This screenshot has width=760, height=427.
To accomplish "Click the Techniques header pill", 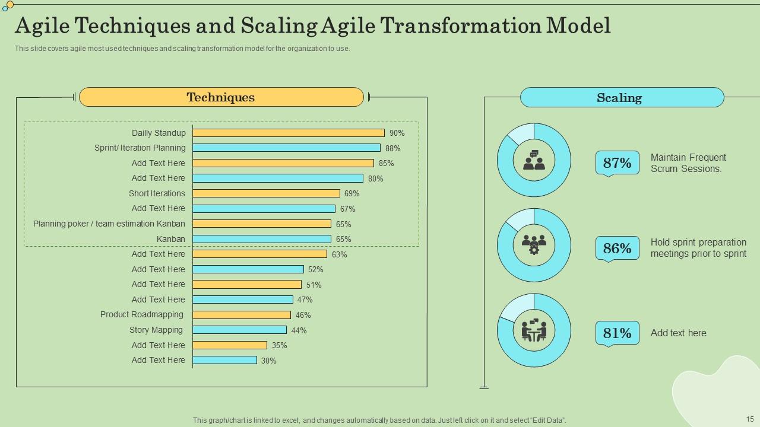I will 221,97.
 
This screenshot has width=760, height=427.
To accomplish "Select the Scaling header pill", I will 622,97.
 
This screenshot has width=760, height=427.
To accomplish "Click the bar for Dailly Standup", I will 289,133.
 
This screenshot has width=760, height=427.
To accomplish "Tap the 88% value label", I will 392,148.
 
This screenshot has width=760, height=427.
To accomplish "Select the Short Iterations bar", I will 267,193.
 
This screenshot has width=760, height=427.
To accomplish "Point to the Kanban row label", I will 171,239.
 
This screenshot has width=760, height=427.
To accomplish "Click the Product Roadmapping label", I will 142,314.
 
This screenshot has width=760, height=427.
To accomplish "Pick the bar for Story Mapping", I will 240,330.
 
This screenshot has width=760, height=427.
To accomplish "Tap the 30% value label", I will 269,361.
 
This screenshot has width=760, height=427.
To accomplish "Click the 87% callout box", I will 617,163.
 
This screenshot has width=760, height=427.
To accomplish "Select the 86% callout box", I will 617,248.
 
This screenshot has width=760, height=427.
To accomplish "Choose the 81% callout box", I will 617,333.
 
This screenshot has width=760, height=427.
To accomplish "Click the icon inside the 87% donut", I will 534,160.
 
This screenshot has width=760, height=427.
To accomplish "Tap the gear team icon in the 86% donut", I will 534,245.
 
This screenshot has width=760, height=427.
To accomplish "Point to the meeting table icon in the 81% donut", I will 534,330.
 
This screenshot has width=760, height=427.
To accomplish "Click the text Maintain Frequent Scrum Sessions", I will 688,163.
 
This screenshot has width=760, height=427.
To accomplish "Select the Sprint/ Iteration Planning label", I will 140,148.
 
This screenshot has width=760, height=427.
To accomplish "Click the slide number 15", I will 749,419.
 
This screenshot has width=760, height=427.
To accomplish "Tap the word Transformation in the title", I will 461,26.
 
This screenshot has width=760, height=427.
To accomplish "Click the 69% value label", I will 351,194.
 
